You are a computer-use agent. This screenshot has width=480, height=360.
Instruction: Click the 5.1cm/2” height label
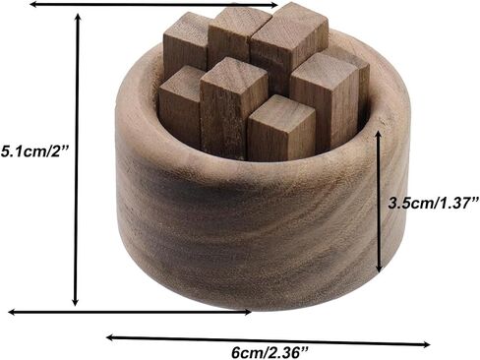(34, 151)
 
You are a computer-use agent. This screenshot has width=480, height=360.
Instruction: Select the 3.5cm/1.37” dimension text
(434, 203)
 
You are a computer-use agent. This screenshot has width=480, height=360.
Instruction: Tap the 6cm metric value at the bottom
(249, 353)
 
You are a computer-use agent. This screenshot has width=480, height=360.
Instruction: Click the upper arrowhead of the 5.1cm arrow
(78, 18)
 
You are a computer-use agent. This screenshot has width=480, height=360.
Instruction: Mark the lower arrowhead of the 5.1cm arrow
(76, 301)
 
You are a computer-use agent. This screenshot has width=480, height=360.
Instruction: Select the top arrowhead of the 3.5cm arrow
(378, 135)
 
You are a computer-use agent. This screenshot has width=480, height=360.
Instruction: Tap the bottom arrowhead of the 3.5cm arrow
(379, 268)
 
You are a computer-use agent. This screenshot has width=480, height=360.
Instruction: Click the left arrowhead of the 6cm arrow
(112, 337)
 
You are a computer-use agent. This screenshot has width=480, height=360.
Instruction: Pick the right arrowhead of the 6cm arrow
(425, 344)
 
